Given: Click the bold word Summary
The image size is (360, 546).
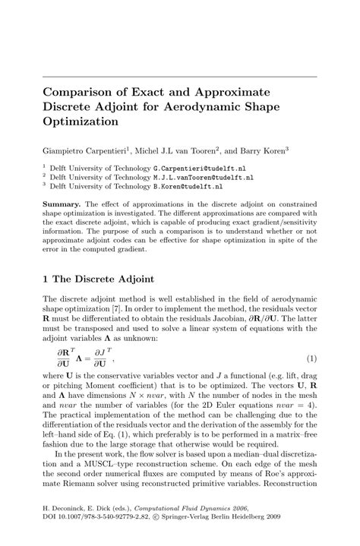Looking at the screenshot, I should (62, 204).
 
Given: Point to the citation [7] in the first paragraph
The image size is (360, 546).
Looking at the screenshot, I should (134, 309).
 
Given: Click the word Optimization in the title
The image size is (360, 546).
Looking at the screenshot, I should (81, 122).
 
